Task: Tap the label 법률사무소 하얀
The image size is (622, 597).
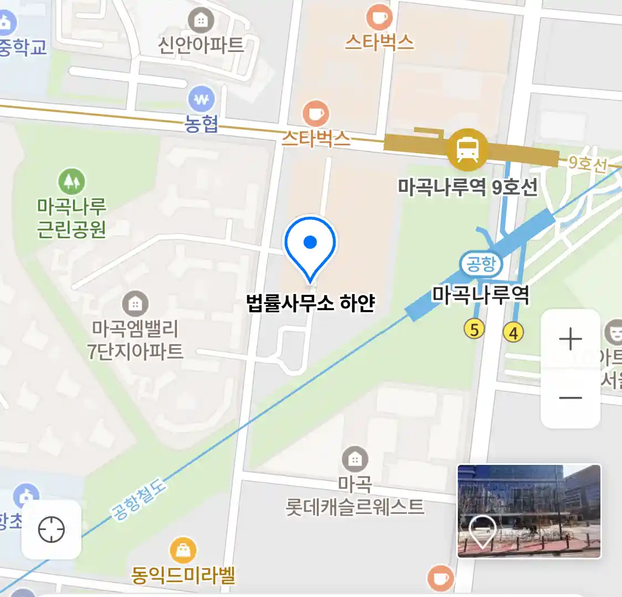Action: coord(310,303)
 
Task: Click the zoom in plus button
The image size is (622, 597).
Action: coord(570,339)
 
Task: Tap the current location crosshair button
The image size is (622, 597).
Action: coord(51,530)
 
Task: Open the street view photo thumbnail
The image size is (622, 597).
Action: coord(529,511)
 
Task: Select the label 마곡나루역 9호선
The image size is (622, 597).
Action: coord(468,187)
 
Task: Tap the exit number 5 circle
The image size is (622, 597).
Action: coord(474,329)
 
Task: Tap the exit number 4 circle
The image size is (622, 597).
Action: coord(513,332)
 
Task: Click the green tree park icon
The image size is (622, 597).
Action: coord(71,181)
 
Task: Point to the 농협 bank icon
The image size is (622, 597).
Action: coord(201,100)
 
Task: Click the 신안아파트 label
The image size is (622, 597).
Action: coord(201,45)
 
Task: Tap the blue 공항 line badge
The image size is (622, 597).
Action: coord(480,264)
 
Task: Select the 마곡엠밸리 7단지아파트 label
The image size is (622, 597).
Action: coord(135,339)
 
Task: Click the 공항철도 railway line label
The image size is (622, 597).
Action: coord(139,500)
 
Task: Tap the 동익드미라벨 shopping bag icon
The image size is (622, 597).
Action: coord(182,550)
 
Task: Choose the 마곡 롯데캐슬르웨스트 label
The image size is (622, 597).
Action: coord(355,496)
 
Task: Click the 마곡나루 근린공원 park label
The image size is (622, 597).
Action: coord(71,217)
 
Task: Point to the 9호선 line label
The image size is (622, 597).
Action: coord(587,163)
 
